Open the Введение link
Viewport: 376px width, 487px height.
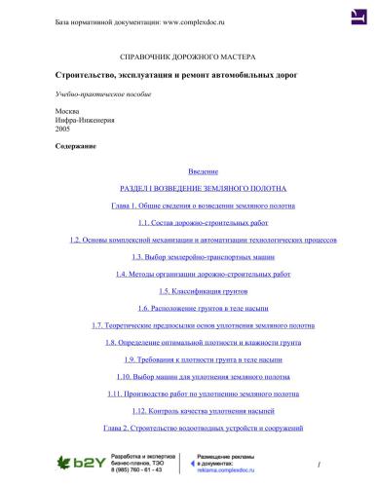pyautogui.click(x=188, y=170)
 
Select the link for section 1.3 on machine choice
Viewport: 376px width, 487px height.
pyautogui.click(x=188, y=256)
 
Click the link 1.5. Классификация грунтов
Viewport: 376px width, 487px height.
pyautogui.click(x=188, y=290)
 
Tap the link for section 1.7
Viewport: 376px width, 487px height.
pyautogui.click(x=188, y=324)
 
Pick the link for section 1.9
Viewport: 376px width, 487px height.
pyautogui.click(x=188, y=358)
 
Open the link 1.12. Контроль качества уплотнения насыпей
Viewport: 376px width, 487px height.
pyautogui.click(x=188, y=410)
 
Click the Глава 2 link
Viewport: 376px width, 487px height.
pyautogui.click(x=188, y=428)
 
